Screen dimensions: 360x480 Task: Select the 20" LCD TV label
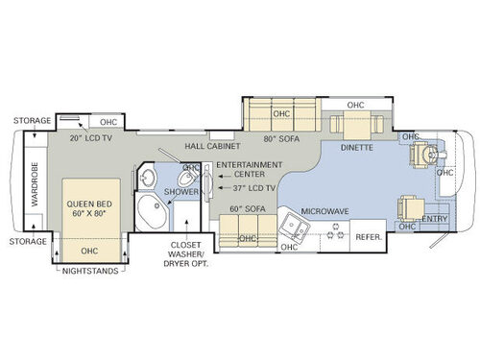tap(90, 137)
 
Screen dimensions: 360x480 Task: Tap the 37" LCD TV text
tap(252, 188)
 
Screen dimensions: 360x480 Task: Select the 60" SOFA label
tap(247, 208)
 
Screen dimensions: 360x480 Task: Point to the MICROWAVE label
tap(324, 210)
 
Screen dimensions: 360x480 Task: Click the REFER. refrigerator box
tap(370, 236)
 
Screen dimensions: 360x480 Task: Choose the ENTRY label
tap(435, 220)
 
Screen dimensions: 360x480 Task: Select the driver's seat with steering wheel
tap(424, 155)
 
